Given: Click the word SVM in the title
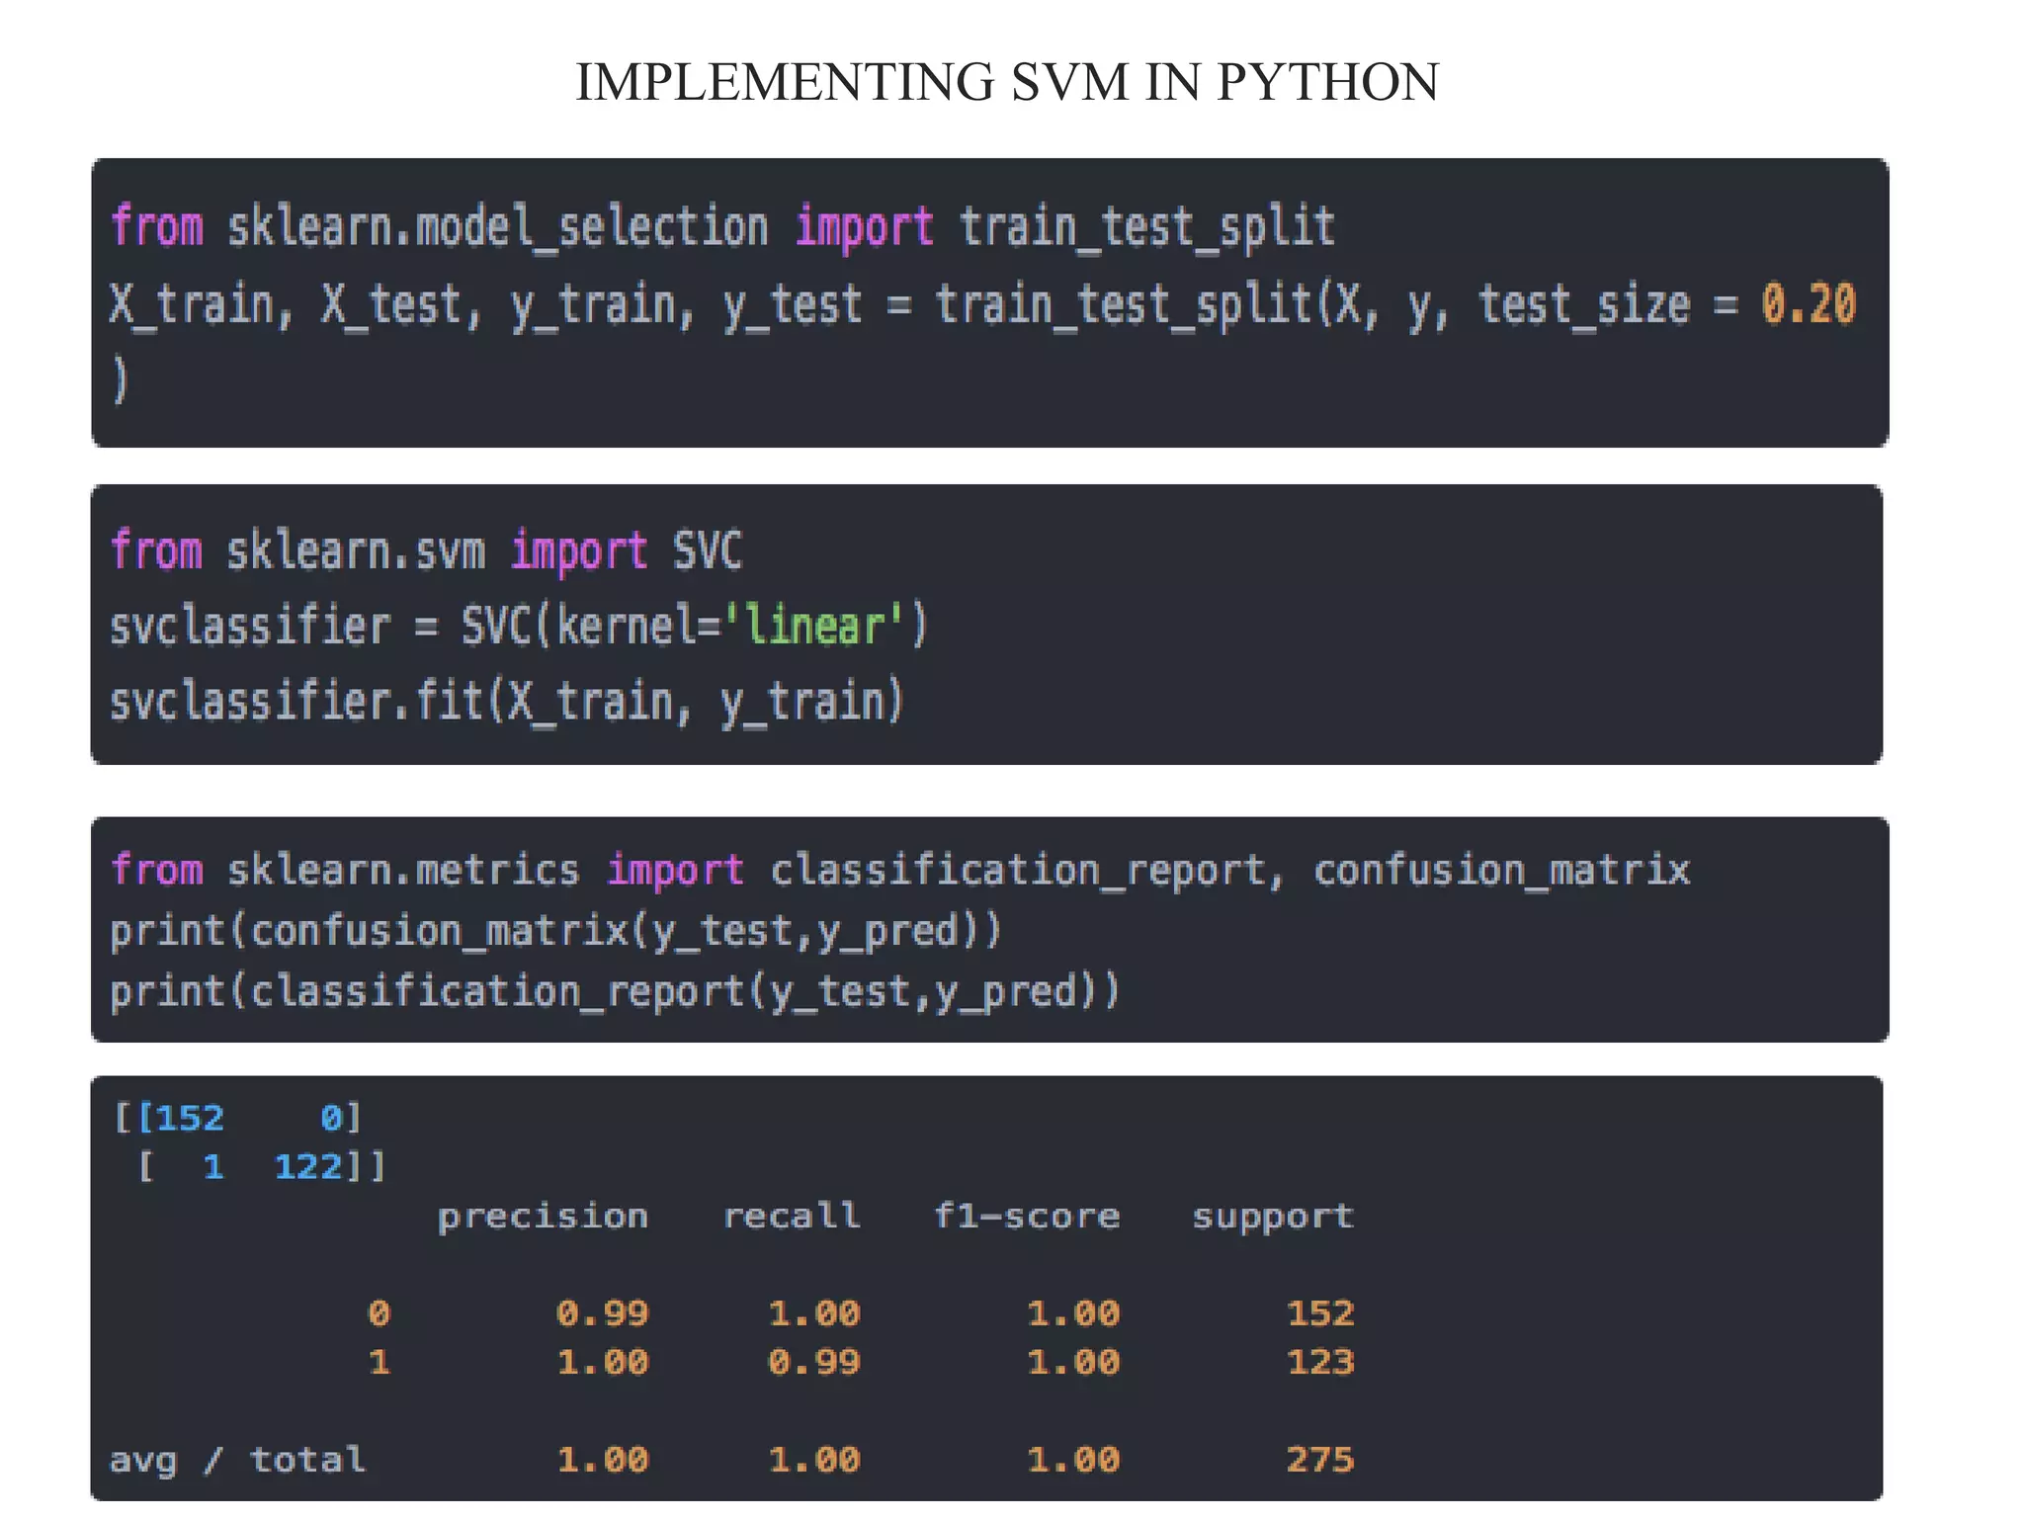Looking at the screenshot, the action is (1069, 82).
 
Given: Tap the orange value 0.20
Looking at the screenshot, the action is (1808, 303).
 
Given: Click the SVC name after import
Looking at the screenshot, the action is (707, 550).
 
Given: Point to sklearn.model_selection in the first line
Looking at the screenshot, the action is (497, 227).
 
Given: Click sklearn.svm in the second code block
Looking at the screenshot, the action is (356, 550).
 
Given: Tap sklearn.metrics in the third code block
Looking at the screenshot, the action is (403, 870).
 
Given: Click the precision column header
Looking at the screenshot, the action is (543, 1216).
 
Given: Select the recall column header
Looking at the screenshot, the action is (791, 1216).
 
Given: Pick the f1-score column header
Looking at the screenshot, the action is (1027, 1216).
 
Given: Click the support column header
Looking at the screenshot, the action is (1272, 1216).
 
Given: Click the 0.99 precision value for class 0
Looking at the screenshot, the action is (602, 1312).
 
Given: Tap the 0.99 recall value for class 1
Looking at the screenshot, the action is (813, 1362).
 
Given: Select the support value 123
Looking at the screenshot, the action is (1319, 1362).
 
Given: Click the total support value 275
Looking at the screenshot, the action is (1319, 1459).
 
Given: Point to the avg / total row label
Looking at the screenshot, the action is (237, 1459).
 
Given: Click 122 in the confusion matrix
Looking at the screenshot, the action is (307, 1167).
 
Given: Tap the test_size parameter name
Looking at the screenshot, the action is (1584, 303).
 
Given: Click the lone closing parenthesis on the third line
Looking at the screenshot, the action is (121, 380).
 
